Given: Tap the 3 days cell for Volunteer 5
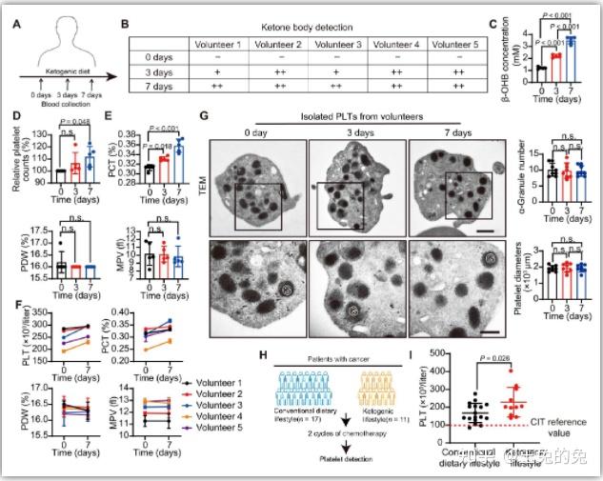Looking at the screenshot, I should (x=460, y=70).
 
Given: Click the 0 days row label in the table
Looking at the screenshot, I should (x=151, y=57).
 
